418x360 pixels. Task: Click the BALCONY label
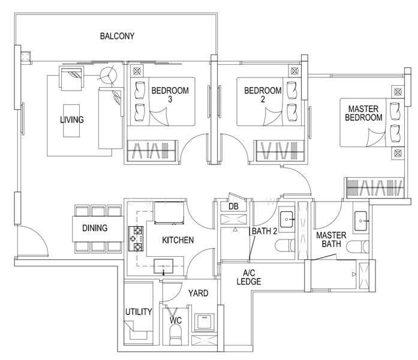click(x=117, y=36)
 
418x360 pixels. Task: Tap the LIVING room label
click(x=72, y=120)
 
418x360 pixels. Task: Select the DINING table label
click(x=95, y=228)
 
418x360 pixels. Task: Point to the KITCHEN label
click(x=178, y=240)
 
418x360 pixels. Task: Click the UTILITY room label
click(x=139, y=311)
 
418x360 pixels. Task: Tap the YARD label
click(x=199, y=293)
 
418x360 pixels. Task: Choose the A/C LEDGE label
click(x=249, y=277)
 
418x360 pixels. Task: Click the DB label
click(x=233, y=206)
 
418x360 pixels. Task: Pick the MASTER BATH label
click(x=331, y=239)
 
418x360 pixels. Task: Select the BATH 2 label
click(x=264, y=231)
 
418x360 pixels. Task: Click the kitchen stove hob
click(x=136, y=239)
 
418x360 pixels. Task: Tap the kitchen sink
click(x=163, y=266)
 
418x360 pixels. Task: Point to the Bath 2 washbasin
click(x=287, y=220)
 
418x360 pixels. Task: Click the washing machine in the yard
click(x=205, y=322)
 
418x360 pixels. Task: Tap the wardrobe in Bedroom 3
click(x=152, y=151)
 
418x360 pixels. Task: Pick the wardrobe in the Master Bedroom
click(x=375, y=188)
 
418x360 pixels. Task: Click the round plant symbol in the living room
click(x=108, y=75)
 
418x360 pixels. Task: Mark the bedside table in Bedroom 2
click(x=294, y=71)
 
